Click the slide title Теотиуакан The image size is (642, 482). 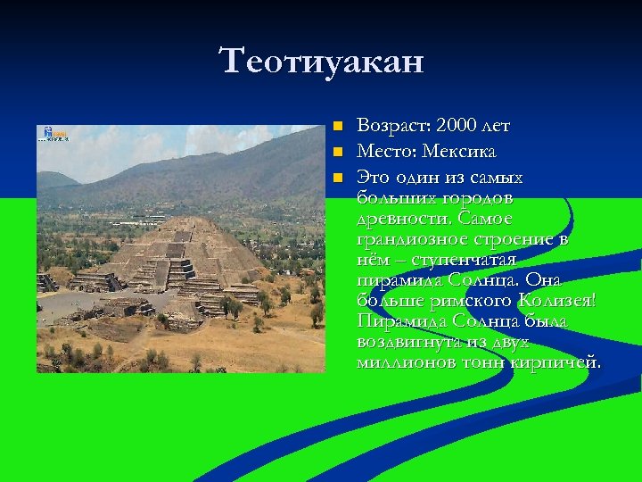pyautogui.click(x=322, y=62)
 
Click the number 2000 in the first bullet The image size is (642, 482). pyautogui.click(x=460, y=128)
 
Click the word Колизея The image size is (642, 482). pyautogui.click(x=557, y=301)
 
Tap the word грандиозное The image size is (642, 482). pyautogui.click(x=407, y=240)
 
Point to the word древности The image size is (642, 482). pyautogui.click(x=398, y=219)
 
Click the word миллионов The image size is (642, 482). pyautogui.click(x=403, y=362)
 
